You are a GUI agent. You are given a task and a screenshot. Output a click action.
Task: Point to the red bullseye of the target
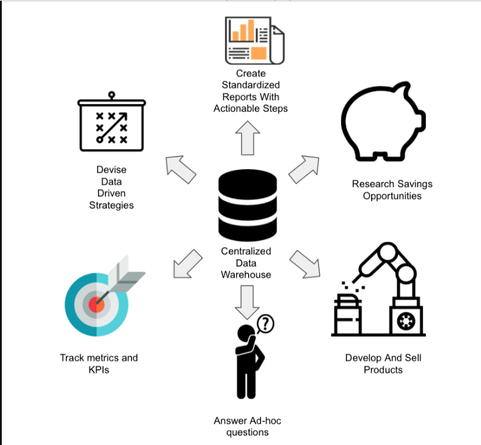[x=97, y=304]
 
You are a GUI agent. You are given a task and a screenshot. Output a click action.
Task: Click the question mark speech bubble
[x=265, y=324]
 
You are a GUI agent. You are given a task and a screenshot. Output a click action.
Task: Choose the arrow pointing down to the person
[x=246, y=302]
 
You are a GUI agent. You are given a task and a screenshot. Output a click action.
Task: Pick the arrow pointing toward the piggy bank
[x=305, y=168]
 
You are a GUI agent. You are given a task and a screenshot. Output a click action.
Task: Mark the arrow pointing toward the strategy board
[x=181, y=170]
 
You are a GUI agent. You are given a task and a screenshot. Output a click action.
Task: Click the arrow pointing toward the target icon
[x=186, y=263]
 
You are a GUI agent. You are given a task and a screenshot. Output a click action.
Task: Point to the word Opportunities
[x=392, y=196]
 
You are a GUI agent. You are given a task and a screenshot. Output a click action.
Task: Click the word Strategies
[x=112, y=205]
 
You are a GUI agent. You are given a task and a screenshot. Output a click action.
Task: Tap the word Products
[x=383, y=370]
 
